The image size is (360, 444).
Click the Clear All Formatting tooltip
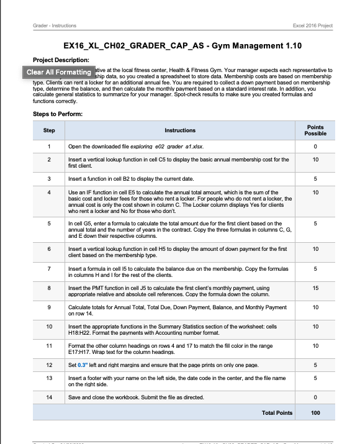pyautogui.click(x=59, y=73)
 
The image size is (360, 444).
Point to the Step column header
pyautogui.click(x=49, y=130)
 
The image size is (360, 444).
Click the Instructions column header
pyautogui.click(x=180, y=130)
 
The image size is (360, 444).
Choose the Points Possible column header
pyautogui.click(x=315, y=130)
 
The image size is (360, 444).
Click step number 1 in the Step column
pyautogui.click(x=49, y=147)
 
